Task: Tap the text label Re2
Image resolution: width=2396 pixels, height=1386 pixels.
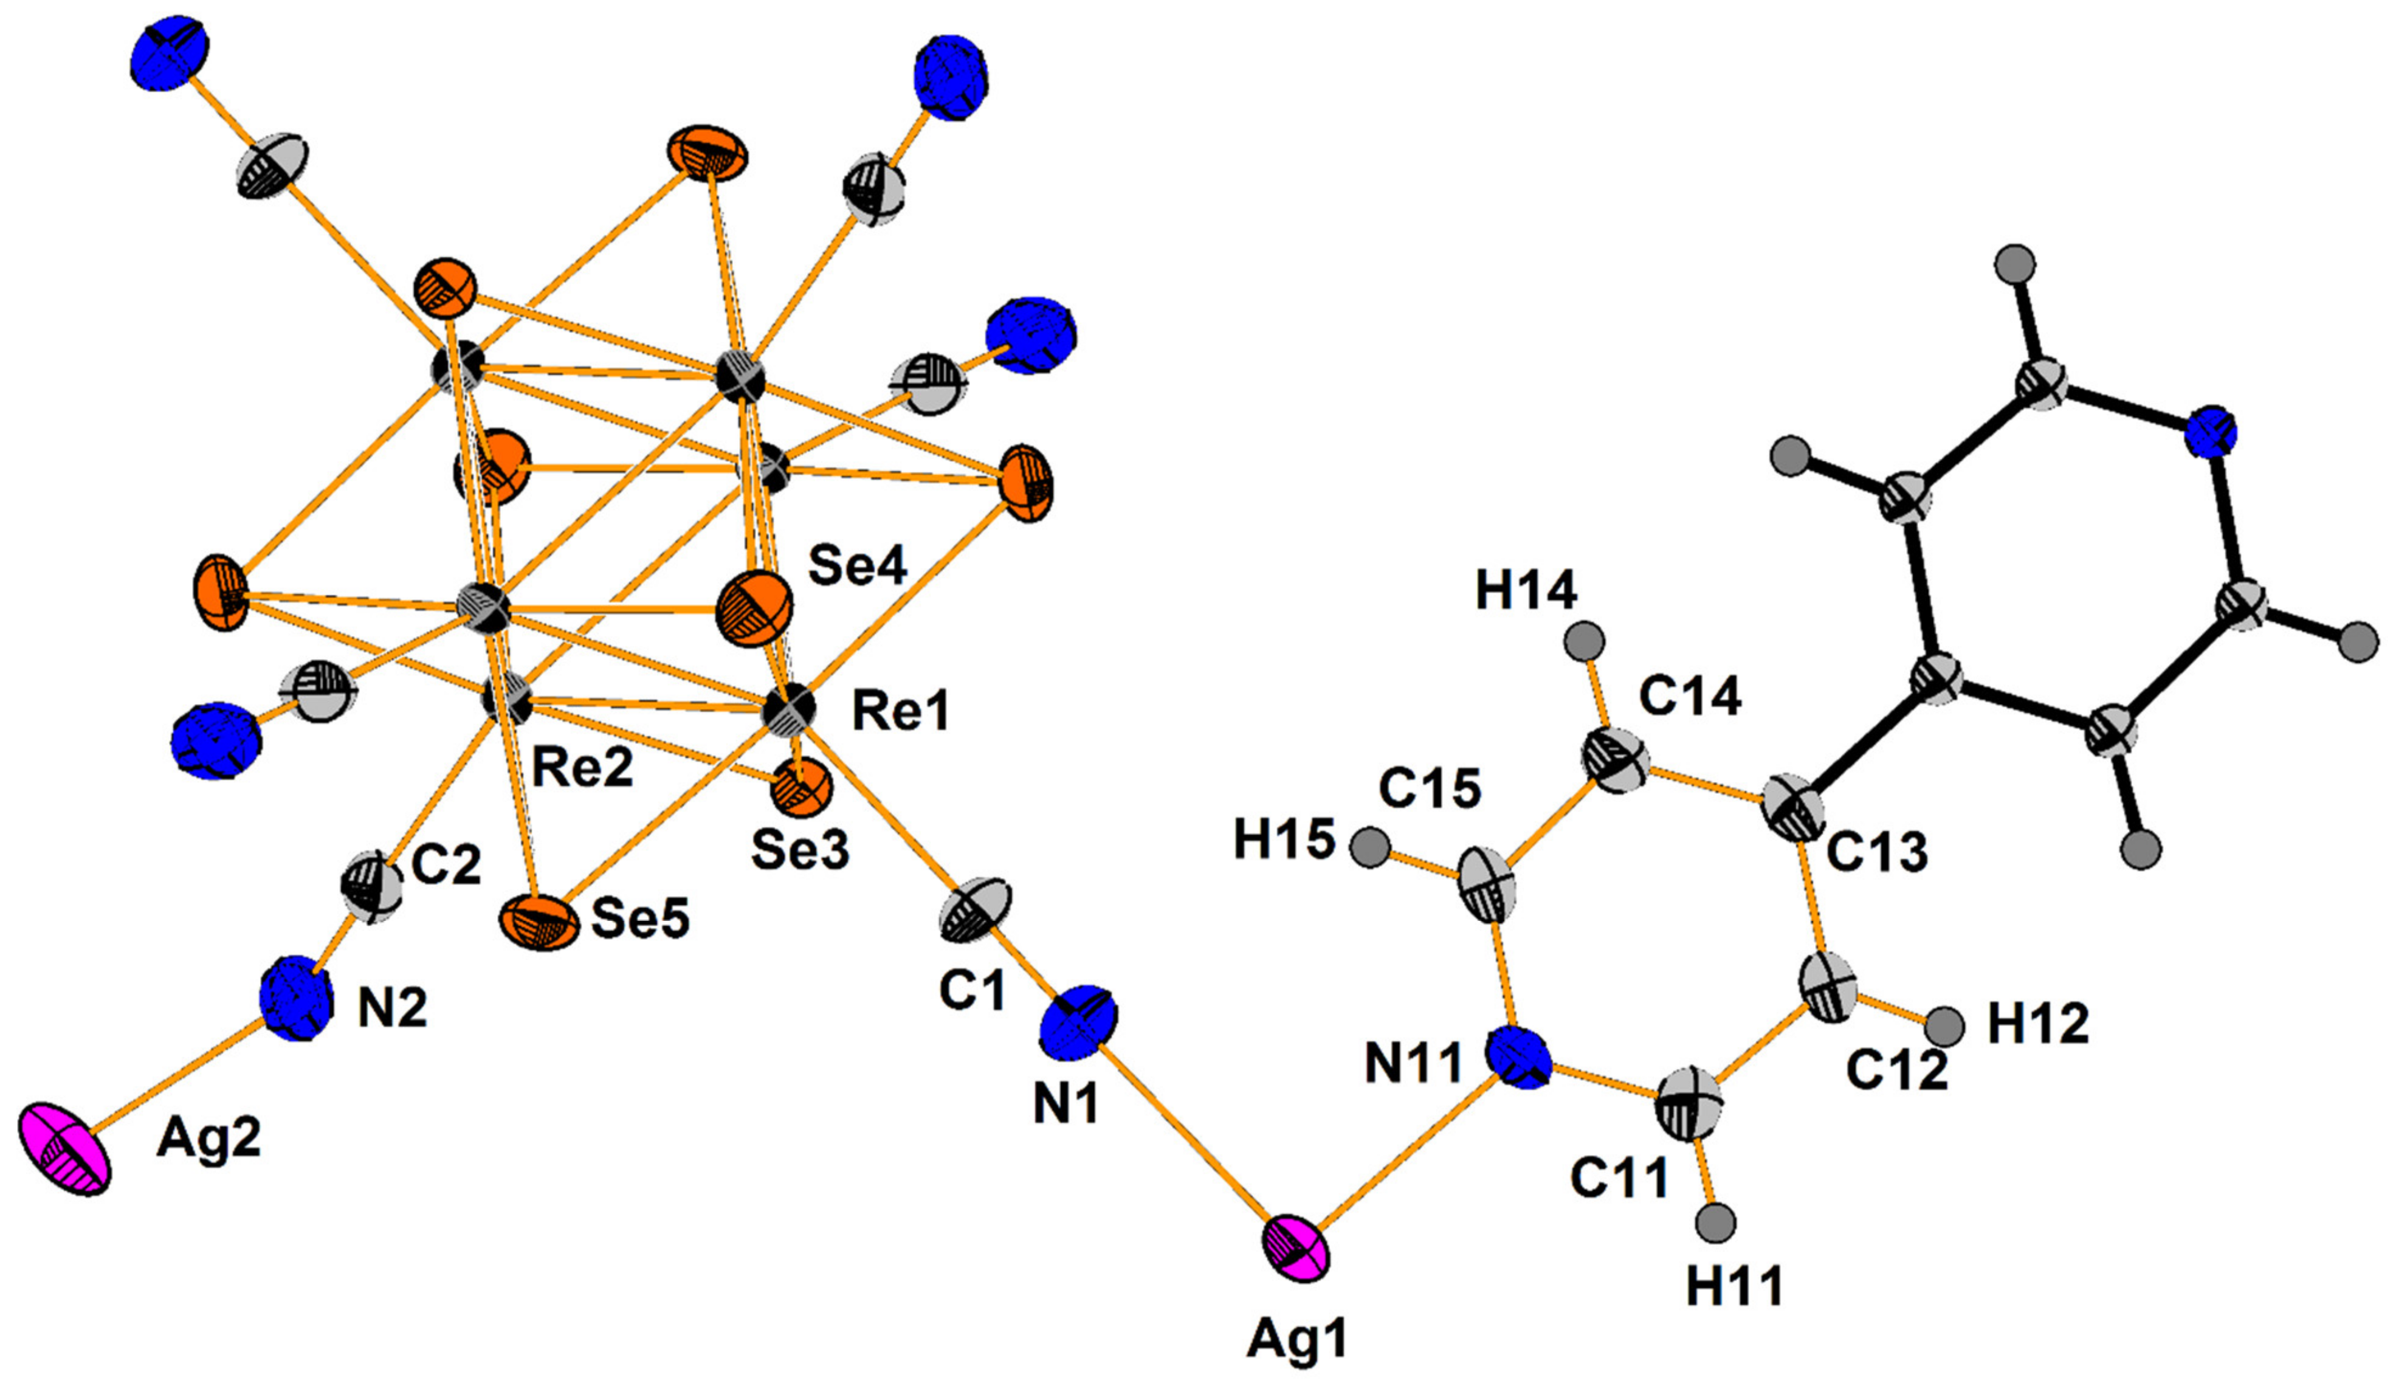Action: (x=582, y=768)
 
